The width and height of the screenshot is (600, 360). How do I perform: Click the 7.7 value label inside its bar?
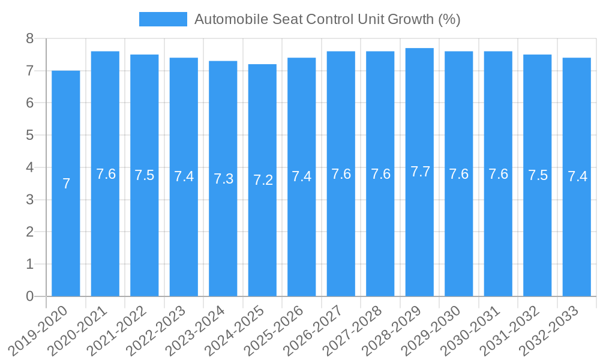coord(420,172)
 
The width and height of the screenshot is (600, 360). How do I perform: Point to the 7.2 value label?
coord(263,180)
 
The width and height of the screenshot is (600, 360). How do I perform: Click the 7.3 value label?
coord(223,179)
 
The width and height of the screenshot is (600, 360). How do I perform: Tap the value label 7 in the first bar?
coord(66,184)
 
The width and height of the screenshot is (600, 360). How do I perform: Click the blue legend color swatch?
coord(163,19)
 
